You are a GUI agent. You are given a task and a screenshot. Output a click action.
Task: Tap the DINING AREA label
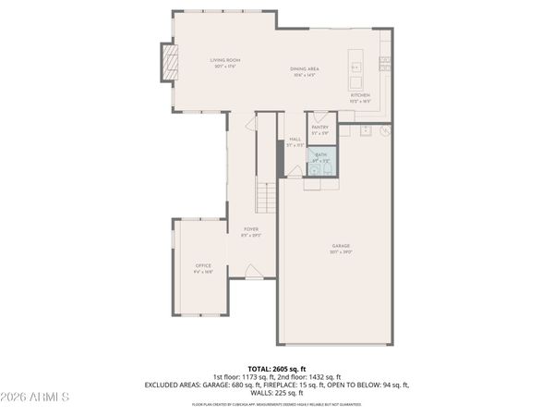(305, 68)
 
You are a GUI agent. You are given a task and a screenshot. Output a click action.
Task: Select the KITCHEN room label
(359, 95)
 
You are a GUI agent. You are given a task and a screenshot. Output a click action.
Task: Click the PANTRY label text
(319, 127)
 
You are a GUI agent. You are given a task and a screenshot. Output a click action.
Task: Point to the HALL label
(295, 140)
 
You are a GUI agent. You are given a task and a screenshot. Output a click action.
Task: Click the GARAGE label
(341, 246)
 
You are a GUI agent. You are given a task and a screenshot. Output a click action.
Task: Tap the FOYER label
(250, 228)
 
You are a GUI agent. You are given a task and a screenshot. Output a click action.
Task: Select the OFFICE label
(202, 265)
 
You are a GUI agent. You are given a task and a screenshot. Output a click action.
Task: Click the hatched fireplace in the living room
(168, 62)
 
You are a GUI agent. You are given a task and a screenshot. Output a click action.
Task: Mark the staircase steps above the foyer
(266, 197)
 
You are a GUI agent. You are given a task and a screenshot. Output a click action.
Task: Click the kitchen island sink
(356, 67)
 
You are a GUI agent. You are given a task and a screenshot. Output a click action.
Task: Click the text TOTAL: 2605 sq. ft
(276, 369)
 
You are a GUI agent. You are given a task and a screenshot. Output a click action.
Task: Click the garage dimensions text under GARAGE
(341, 252)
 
